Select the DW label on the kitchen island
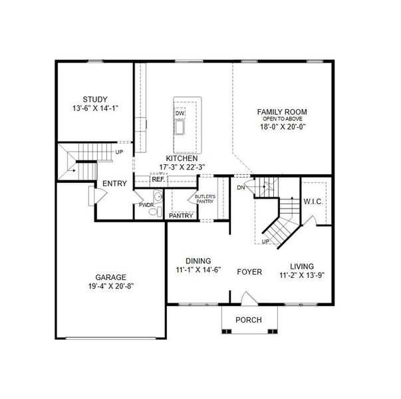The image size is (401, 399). click(x=180, y=114)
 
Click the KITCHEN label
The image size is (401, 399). click(x=182, y=158)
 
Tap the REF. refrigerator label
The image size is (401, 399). click(x=158, y=180)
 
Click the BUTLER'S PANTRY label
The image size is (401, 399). click(x=204, y=199)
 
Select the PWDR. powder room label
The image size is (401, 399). click(x=146, y=205)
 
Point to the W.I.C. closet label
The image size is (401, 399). click(x=313, y=201)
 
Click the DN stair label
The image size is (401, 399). click(x=241, y=188)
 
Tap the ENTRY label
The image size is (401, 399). click(x=114, y=184)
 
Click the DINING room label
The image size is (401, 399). click(x=198, y=261)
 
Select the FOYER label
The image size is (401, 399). click(x=249, y=272)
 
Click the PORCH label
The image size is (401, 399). click(x=249, y=320)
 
